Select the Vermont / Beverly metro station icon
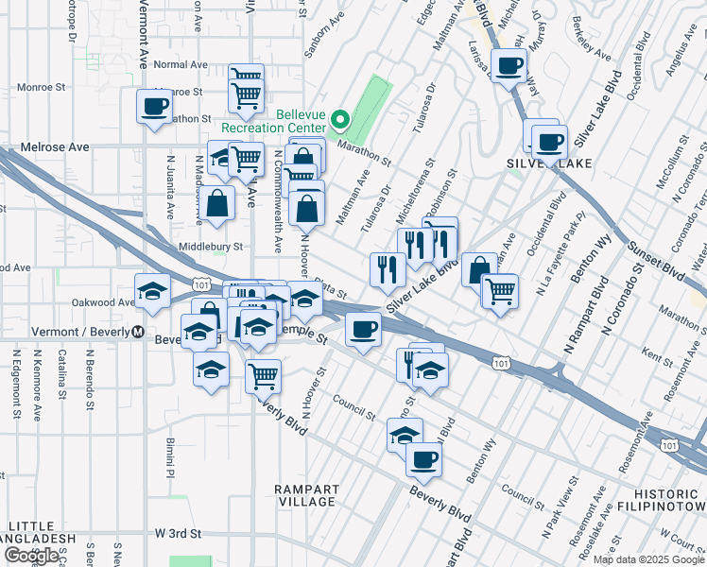click(137, 333)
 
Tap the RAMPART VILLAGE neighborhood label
click(305, 495)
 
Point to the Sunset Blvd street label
click(653, 259)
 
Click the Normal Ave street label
click(180, 64)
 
